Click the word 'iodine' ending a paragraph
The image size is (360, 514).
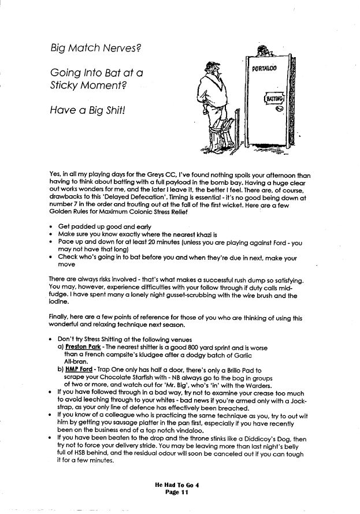pyautogui.click(x=60, y=301)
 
